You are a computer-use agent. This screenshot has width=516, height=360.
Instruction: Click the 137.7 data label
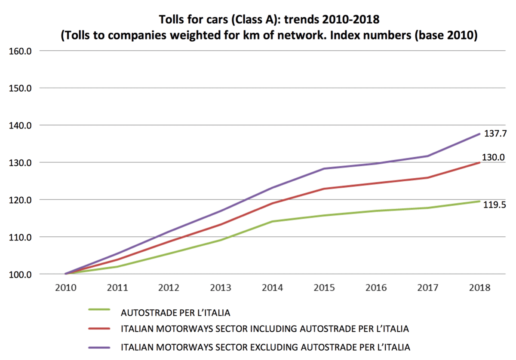pyautogui.click(x=495, y=134)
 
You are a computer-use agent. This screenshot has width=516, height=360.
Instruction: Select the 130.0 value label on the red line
pyautogui.click(x=494, y=157)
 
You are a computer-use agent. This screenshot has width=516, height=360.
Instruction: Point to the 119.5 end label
pyautogui.click(x=494, y=204)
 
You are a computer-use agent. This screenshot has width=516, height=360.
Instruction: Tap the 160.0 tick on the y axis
pyautogui.click(x=20, y=51)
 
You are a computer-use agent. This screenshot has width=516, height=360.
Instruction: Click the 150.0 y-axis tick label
pyautogui.click(x=20, y=88)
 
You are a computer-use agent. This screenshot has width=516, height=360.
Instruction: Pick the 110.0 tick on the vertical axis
pyautogui.click(x=20, y=237)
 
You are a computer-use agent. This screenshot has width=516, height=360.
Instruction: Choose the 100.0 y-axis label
pyautogui.click(x=20, y=275)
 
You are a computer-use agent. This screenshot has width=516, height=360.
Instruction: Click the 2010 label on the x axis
pyautogui.click(x=66, y=288)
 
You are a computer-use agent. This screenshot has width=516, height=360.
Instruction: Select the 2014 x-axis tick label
pyautogui.click(x=273, y=288)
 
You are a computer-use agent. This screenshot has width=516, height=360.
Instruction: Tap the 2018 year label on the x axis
pyautogui.click(x=480, y=288)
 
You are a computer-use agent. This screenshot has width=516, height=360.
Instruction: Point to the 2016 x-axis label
pyautogui.click(x=376, y=288)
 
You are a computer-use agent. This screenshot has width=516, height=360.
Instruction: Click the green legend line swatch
pyautogui.click(x=99, y=310)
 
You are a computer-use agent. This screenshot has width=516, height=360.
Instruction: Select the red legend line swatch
pyautogui.click(x=99, y=329)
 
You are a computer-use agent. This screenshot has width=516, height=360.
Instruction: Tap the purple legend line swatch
pyautogui.click(x=99, y=348)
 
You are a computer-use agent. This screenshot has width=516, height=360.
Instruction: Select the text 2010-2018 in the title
pyautogui.click(x=351, y=19)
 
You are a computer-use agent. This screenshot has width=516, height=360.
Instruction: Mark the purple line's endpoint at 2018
pyautogui.click(x=479, y=134)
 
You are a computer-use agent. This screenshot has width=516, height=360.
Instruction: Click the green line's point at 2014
pyautogui.click(x=273, y=221)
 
